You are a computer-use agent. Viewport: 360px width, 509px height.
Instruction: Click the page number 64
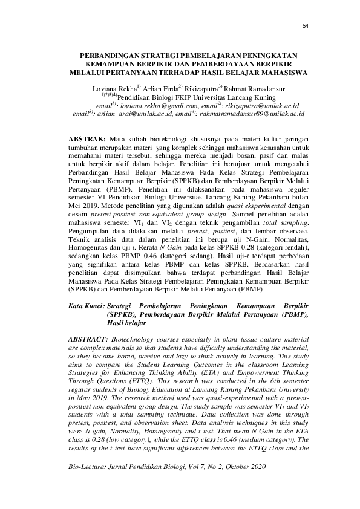coord(304,26)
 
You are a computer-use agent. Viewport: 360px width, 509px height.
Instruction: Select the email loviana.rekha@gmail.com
coord(162,105)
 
